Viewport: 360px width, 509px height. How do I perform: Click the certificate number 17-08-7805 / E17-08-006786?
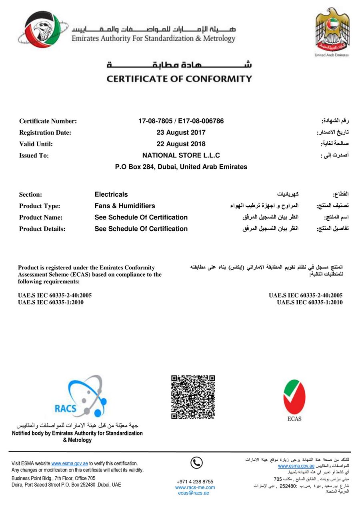[x=181, y=121]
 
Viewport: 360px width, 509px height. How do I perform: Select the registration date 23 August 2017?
[x=181, y=132]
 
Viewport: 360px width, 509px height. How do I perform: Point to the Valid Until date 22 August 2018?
[x=181, y=144]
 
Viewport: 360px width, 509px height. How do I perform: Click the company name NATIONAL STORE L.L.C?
[x=181, y=155]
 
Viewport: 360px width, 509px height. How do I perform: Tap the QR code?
[x=193, y=397]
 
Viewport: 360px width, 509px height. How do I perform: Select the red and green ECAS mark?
[x=294, y=398]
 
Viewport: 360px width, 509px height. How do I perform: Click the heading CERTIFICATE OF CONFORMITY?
[x=179, y=78]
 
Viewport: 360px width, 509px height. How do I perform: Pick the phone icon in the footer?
[x=196, y=463]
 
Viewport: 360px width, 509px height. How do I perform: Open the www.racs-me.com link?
[x=195, y=487]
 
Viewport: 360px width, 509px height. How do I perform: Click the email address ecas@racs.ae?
[x=194, y=493]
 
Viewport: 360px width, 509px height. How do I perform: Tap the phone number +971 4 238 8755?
[x=195, y=481]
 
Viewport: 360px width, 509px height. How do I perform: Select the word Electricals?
[x=111, y=194]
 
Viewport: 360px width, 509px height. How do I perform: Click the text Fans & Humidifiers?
[x=125, y=206]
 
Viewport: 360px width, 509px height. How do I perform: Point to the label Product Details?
[x=42, y=229]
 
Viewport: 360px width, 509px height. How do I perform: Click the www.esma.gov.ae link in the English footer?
[x=70, y=463]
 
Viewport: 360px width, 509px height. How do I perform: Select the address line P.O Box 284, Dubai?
[x=181, y=167]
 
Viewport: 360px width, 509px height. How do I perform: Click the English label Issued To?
[x=34, y=156]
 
